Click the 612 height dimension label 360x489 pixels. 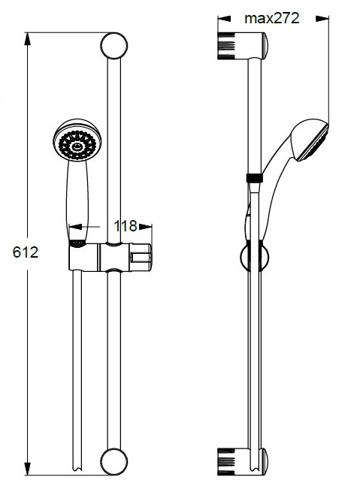pos(26,252)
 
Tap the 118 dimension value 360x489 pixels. pos(126,226)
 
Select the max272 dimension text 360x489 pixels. pos(272,18)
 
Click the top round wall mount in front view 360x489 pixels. pos(114,46)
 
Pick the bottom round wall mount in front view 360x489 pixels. pos(114,461)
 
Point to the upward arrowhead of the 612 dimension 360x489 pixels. pos(28,38)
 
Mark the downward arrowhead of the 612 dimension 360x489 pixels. pos(28,469)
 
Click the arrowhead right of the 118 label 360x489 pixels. pos(145,227)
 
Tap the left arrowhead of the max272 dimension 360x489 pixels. pos(224,19)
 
